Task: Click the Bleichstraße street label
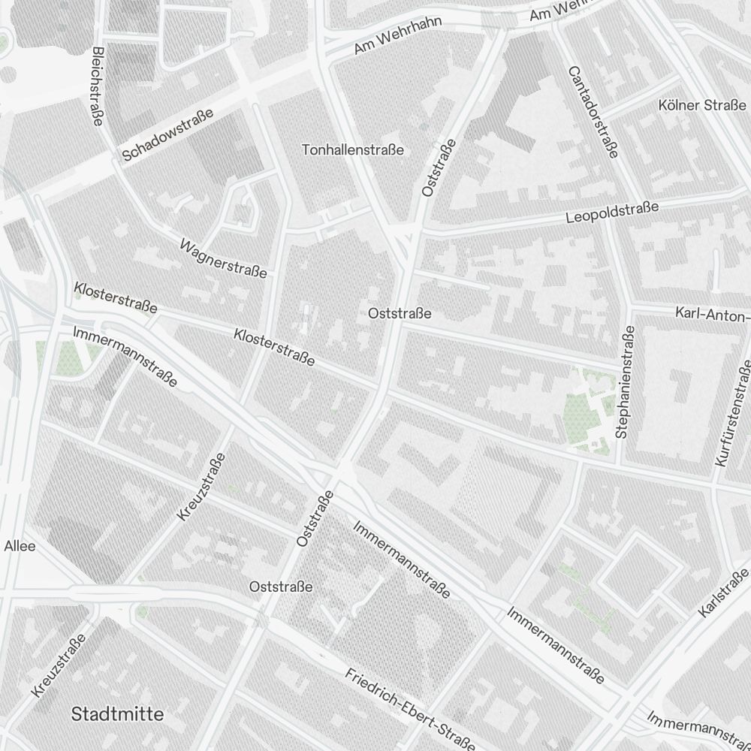[95, 86]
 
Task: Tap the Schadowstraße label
[167, 134]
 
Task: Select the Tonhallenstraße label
[353, 150]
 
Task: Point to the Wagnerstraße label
[223, 258]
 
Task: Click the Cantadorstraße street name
[593, 112]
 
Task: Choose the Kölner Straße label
[701, 105]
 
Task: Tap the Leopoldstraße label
[611, 213]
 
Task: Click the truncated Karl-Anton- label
[712, 313]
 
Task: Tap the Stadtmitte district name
[117, 714]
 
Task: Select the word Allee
[20, 546]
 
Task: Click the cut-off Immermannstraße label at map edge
[698, 727]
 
